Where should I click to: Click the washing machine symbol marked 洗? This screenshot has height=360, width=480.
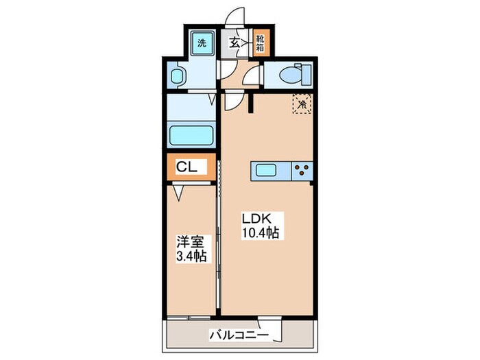click(201, 43)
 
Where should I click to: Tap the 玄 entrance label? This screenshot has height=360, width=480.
click(235, 43)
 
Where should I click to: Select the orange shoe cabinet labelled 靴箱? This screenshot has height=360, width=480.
click(262, 43)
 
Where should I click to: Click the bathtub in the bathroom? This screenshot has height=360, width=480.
click(192, 134)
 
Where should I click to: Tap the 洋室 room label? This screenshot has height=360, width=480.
click(189, 242)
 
